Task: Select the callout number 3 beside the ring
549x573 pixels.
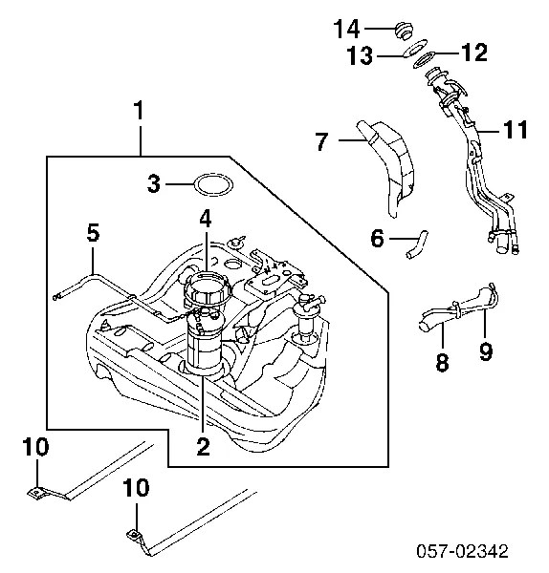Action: pos(154,183)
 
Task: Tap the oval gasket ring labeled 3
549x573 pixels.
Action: pos(210,184)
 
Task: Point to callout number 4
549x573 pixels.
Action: pos(205,219)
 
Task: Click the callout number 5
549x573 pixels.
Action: pos(92,232)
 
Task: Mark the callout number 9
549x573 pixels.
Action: pos(485,352)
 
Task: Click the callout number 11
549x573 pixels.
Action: pos(516,131)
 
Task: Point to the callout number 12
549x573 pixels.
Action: pos(475,52)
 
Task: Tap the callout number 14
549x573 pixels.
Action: pos(346,29)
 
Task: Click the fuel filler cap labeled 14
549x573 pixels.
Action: pos(403,28)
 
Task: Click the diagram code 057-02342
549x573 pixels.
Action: pos(474,552)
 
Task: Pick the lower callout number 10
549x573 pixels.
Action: pos(136,488)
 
